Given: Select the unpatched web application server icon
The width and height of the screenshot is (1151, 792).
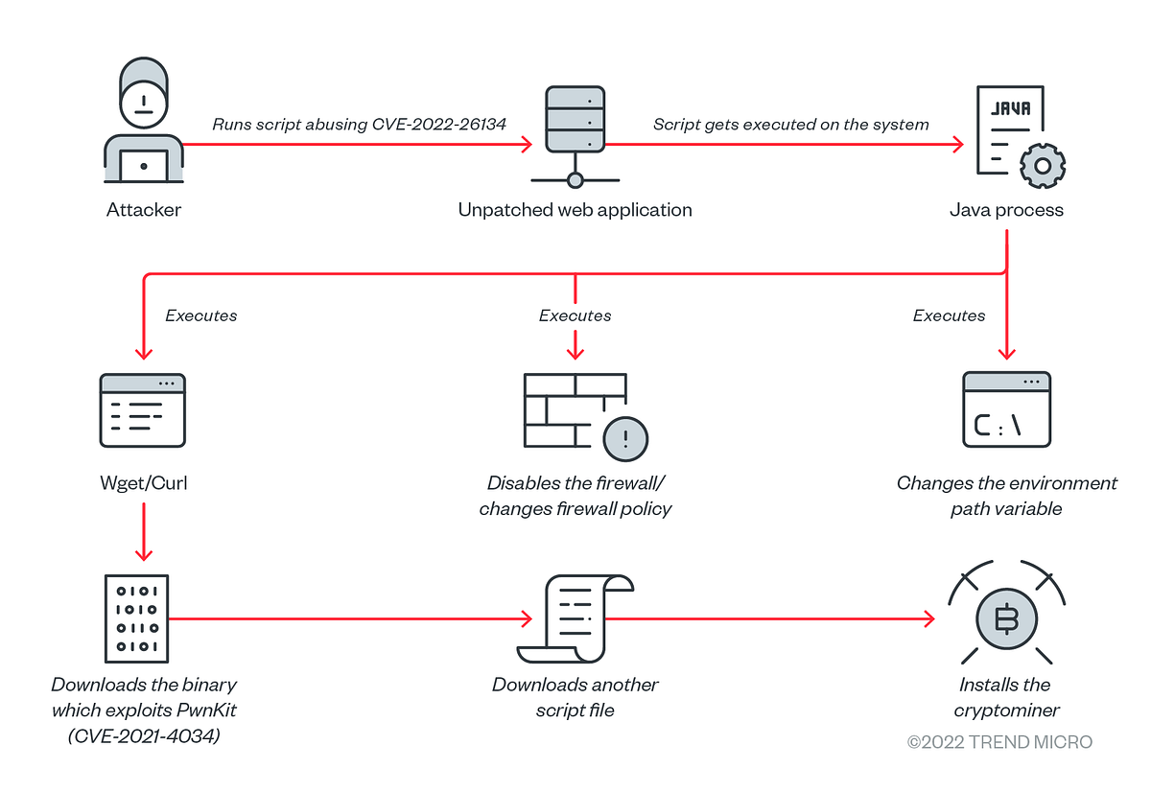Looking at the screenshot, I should coord(575,134).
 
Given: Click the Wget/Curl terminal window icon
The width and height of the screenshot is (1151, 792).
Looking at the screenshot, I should coord(142,410).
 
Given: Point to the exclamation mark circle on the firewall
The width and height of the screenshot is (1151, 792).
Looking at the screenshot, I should coord(625,440).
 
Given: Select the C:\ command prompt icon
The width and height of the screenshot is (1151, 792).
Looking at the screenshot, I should coord(1006,410).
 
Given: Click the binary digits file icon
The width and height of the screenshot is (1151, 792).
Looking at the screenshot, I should coord(135,618).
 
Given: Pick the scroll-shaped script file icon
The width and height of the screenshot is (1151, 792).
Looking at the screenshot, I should coord(574,618).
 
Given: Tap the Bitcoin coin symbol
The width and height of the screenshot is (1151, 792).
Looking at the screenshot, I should coord(1006,620).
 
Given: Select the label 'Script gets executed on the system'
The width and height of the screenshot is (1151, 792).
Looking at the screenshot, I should coord(790,125).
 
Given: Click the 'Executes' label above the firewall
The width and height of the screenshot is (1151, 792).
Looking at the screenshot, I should coord(575,315).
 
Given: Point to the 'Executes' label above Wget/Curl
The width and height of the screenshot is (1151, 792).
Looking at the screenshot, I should coord(200,315).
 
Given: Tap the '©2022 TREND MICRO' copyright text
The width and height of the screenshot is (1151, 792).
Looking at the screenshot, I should coord(999,742).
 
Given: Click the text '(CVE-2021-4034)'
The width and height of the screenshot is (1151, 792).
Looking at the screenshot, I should coord(144,735).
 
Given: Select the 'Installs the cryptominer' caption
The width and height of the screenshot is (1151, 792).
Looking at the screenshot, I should coord(1005,697).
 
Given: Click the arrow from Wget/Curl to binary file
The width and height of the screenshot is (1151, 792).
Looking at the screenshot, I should coord(143,532).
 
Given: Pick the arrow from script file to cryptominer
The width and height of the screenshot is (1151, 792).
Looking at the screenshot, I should coord(767,619).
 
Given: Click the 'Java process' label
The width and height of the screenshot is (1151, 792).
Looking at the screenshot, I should coord(1006,210).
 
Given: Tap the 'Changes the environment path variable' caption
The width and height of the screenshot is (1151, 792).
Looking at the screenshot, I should coord(1006,496).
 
